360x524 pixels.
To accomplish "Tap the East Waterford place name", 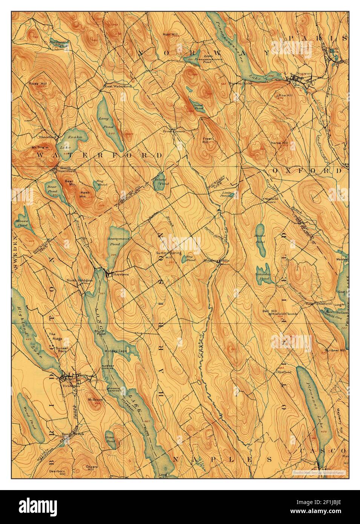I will pos(118,86).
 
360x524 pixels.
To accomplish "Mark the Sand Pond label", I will pos(198,106).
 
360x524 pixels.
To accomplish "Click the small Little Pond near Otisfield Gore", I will pos(232,195).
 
